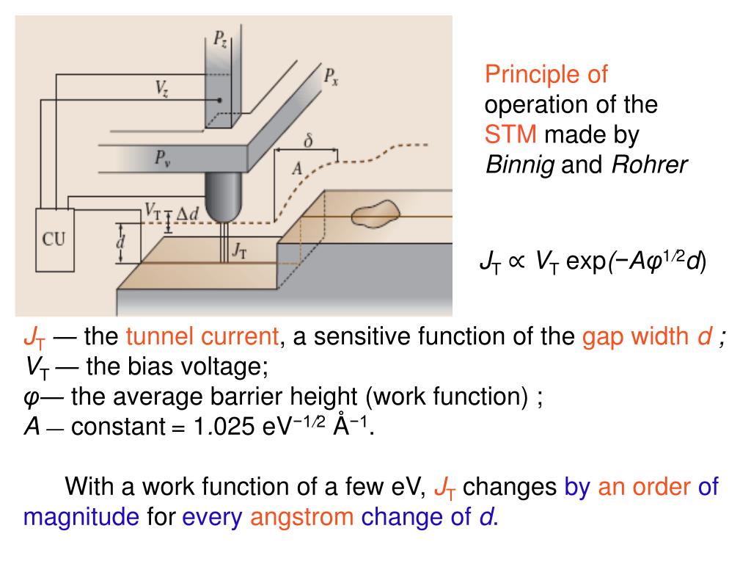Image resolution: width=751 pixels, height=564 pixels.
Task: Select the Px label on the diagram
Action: (331, 76)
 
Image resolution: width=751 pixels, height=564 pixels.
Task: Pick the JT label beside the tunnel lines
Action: (239, 250)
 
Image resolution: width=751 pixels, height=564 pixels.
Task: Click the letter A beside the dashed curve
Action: (297, 169)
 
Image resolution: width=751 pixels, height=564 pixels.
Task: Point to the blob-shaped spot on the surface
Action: (375, 215)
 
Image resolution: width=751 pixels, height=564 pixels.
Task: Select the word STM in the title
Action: (511, 135)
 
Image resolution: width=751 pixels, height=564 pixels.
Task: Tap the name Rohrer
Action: (650, 165)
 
